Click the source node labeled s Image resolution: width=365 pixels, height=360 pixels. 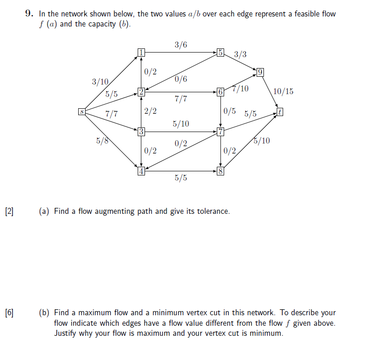click(x=81, y=111)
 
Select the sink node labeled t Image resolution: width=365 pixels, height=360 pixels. click(x=280, y=111)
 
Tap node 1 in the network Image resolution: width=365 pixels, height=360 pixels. click(x=141, y=53)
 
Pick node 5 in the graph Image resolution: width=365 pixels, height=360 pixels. click(x=220, y=53)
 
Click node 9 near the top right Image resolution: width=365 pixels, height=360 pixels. click(x=260, y=72)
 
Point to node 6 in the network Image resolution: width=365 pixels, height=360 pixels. click(x=220, y=92)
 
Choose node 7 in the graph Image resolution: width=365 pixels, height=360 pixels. click(x=220, y=132)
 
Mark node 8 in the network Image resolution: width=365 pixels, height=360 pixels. click(x=220, y=172)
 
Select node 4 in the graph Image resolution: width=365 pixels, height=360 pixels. click(x=141, y=172)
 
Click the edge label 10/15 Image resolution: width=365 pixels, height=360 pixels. click(x=283, y=91)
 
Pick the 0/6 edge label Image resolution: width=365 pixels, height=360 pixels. click(x=181, y=79)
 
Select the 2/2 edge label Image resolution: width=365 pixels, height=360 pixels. click(x=150, y=111)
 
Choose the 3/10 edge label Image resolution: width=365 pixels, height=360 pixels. click(x=100, y=82)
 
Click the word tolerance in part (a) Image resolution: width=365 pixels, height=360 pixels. click(x=212, y=212)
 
